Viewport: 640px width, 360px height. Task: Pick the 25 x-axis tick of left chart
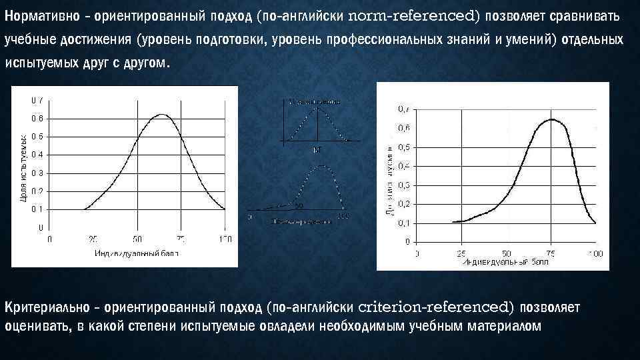point(93,238)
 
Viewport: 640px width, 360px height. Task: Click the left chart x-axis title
point(137,253)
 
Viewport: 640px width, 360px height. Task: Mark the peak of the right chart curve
point(552,119)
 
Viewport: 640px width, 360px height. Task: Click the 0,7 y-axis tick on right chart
point(404,108)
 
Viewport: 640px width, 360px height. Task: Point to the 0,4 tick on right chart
point(404,165)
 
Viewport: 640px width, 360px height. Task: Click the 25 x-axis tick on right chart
point(461,253)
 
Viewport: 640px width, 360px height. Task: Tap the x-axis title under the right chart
point(504,261)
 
